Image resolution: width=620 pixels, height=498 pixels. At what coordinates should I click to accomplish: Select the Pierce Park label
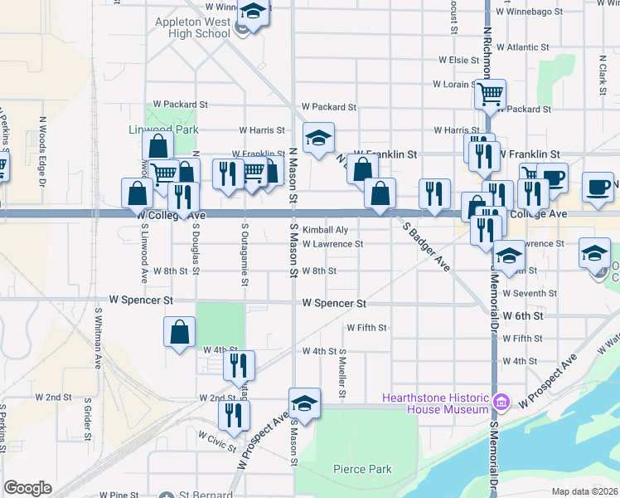point(362,469)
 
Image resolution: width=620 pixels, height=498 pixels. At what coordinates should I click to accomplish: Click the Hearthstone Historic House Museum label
point(434,403)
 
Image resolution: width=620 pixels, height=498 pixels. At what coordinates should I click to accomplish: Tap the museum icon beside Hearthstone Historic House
point(501,403)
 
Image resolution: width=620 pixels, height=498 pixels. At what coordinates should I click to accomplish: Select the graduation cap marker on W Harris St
point(317,139)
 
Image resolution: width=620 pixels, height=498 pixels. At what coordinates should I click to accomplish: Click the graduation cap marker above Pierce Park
point(305,403)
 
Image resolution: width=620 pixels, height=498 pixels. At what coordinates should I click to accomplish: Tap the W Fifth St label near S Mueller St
point(366,328)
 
